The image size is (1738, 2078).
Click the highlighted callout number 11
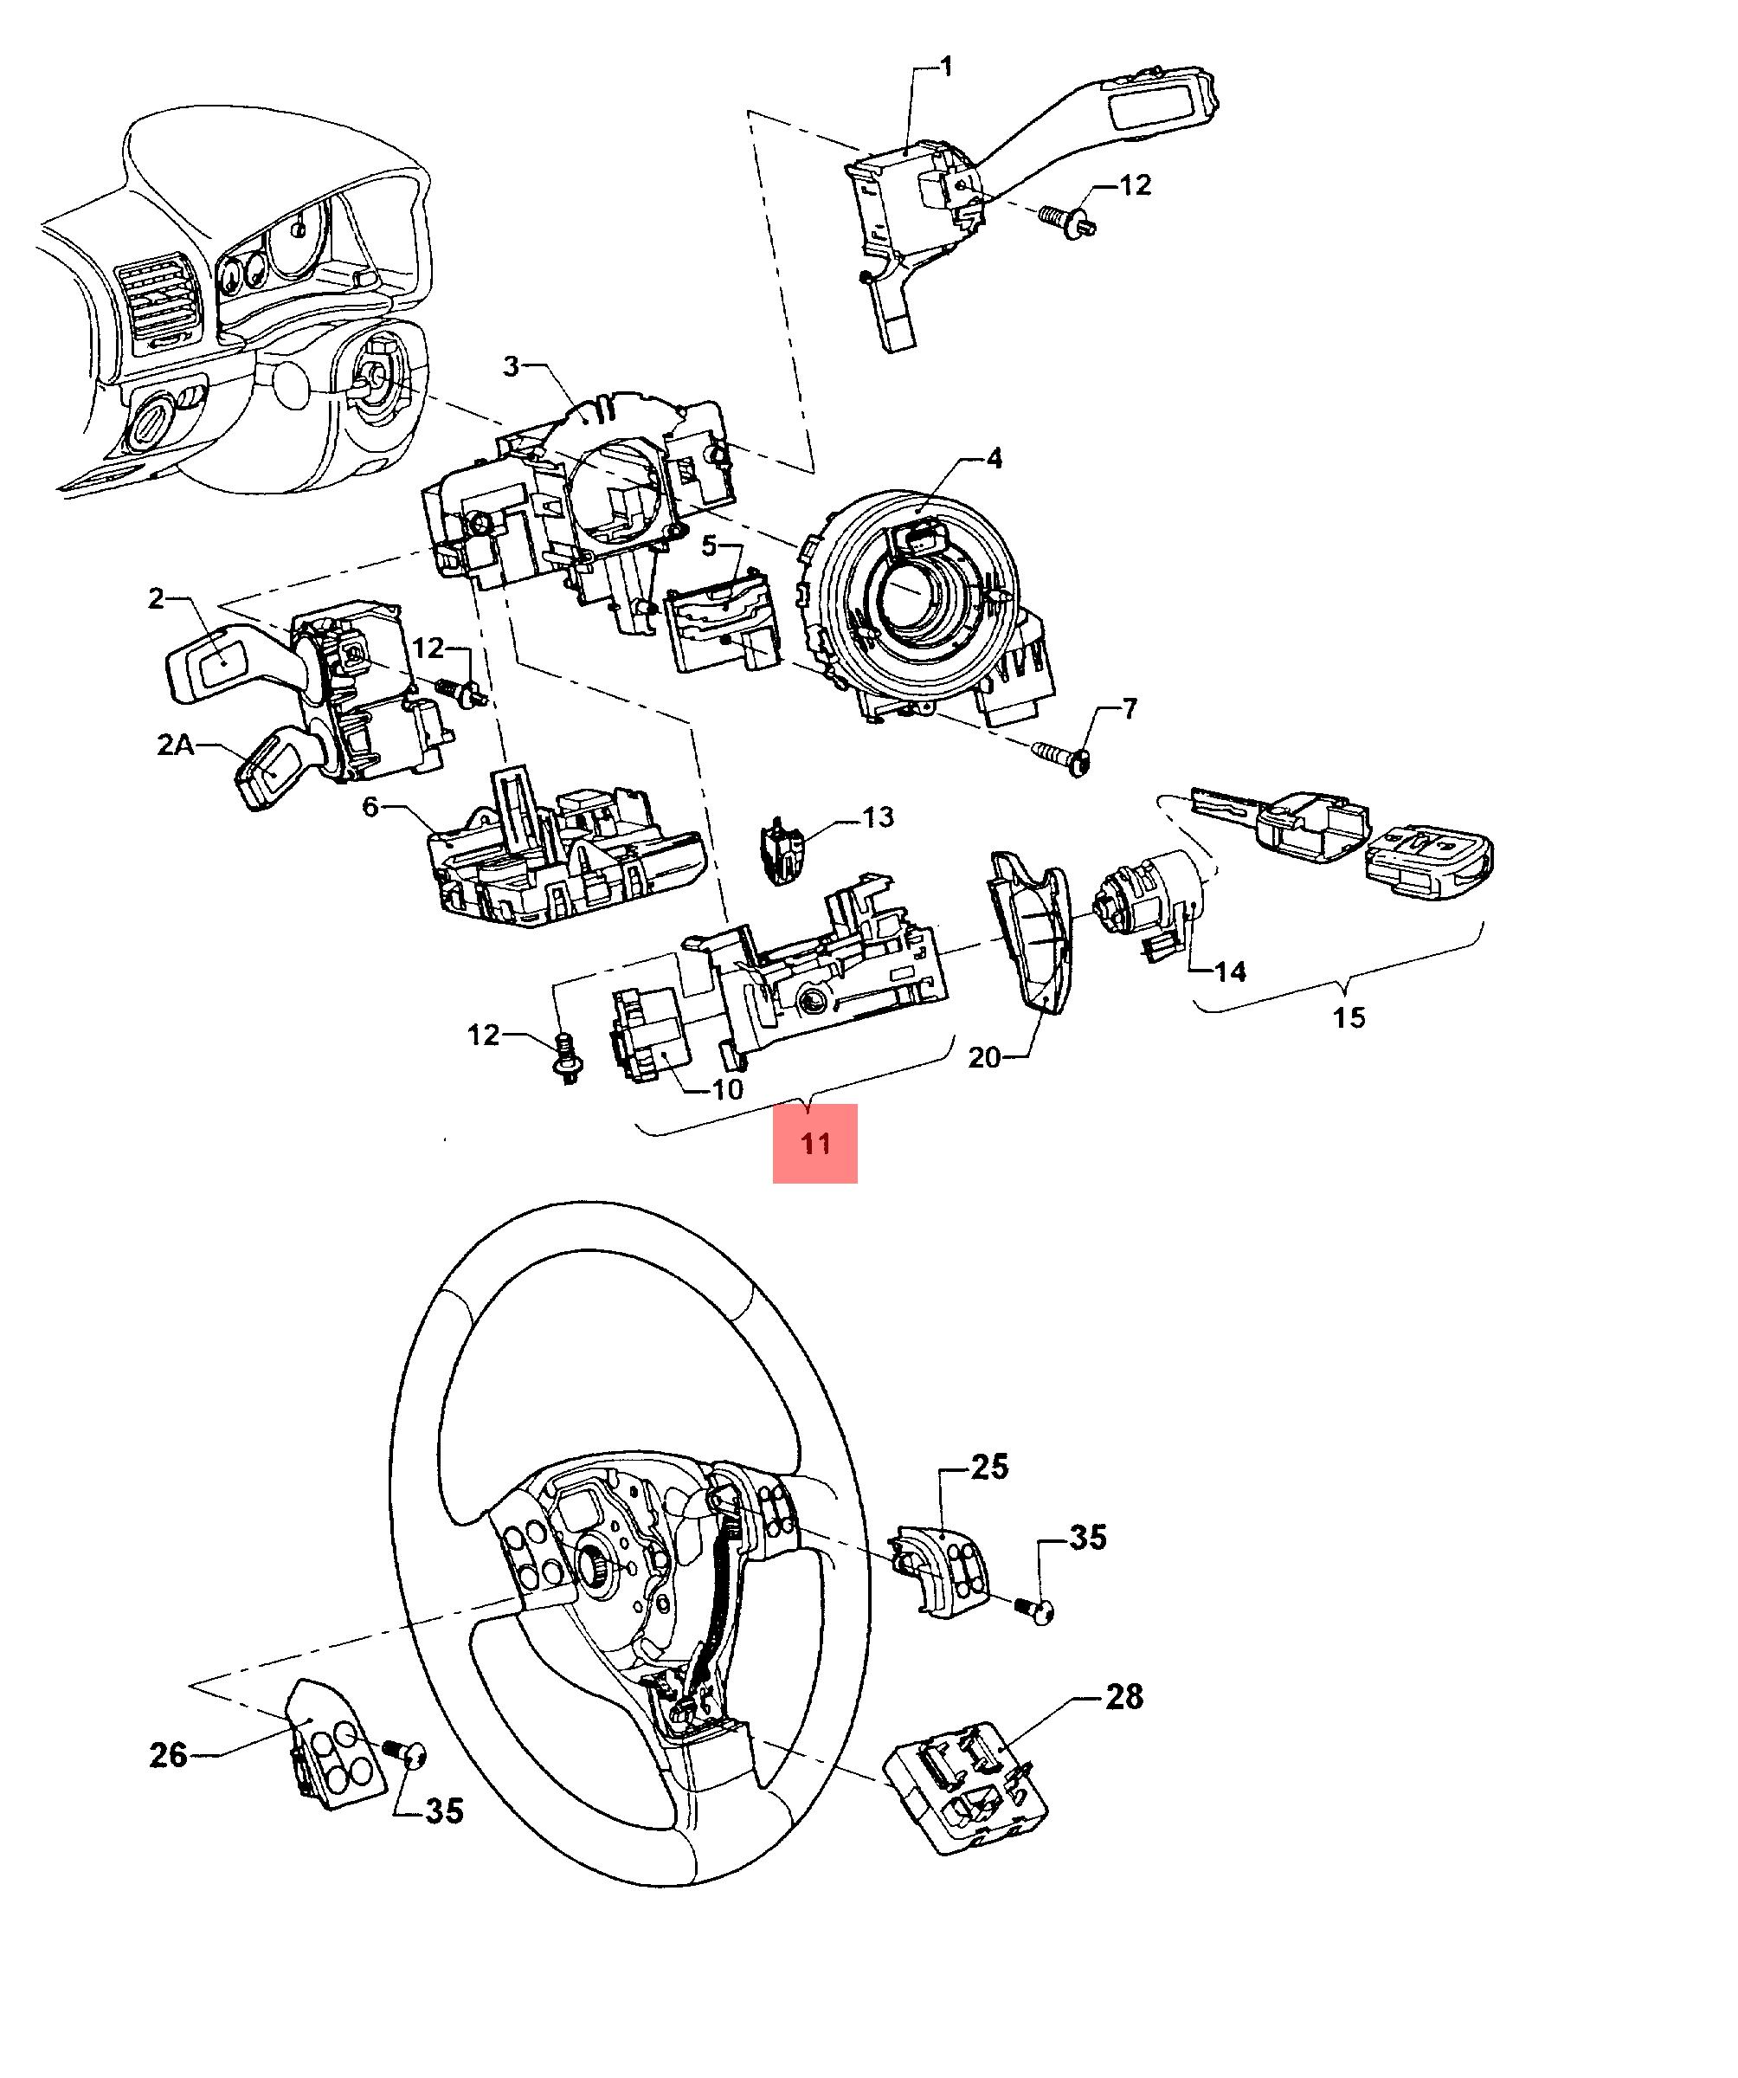814,1144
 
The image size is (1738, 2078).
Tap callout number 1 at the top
946,68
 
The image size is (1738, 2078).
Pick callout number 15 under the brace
1349,1016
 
